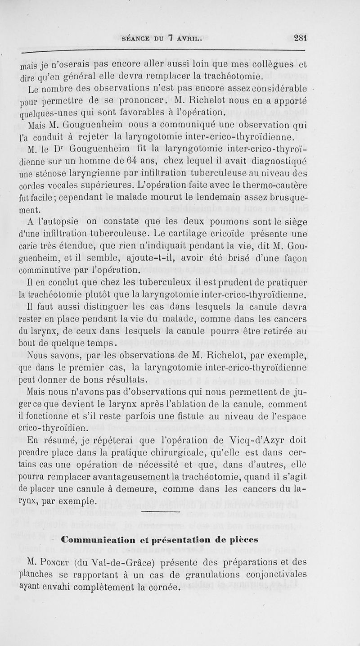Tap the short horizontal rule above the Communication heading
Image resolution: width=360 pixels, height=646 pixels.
[x=160, y=512]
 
